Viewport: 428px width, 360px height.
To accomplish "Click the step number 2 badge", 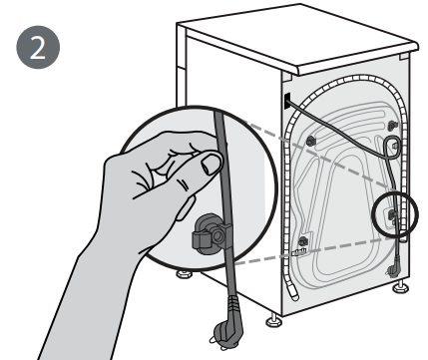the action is tap(38, 47).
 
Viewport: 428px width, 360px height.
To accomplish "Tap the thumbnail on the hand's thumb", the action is tap(212, 164).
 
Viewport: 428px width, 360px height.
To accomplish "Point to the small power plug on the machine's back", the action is tap(393, 267).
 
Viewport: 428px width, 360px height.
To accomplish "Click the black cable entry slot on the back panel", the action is tap(287, 101).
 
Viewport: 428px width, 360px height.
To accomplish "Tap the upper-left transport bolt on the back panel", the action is tap(310, 141).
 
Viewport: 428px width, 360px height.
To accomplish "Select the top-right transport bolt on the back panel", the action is tap(393, 126).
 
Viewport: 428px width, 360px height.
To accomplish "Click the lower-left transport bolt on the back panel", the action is tap(303, 241).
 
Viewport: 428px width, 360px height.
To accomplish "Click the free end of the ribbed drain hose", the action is tap(294, 294).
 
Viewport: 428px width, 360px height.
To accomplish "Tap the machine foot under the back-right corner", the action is tap(401, 286).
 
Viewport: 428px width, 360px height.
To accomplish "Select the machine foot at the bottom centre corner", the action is tap(274, 320).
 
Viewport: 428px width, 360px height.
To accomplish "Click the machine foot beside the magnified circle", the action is tap(184, 274).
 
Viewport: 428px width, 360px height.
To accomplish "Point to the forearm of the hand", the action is tap(83, 299).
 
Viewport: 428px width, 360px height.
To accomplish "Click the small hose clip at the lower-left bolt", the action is tap(299, 252).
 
